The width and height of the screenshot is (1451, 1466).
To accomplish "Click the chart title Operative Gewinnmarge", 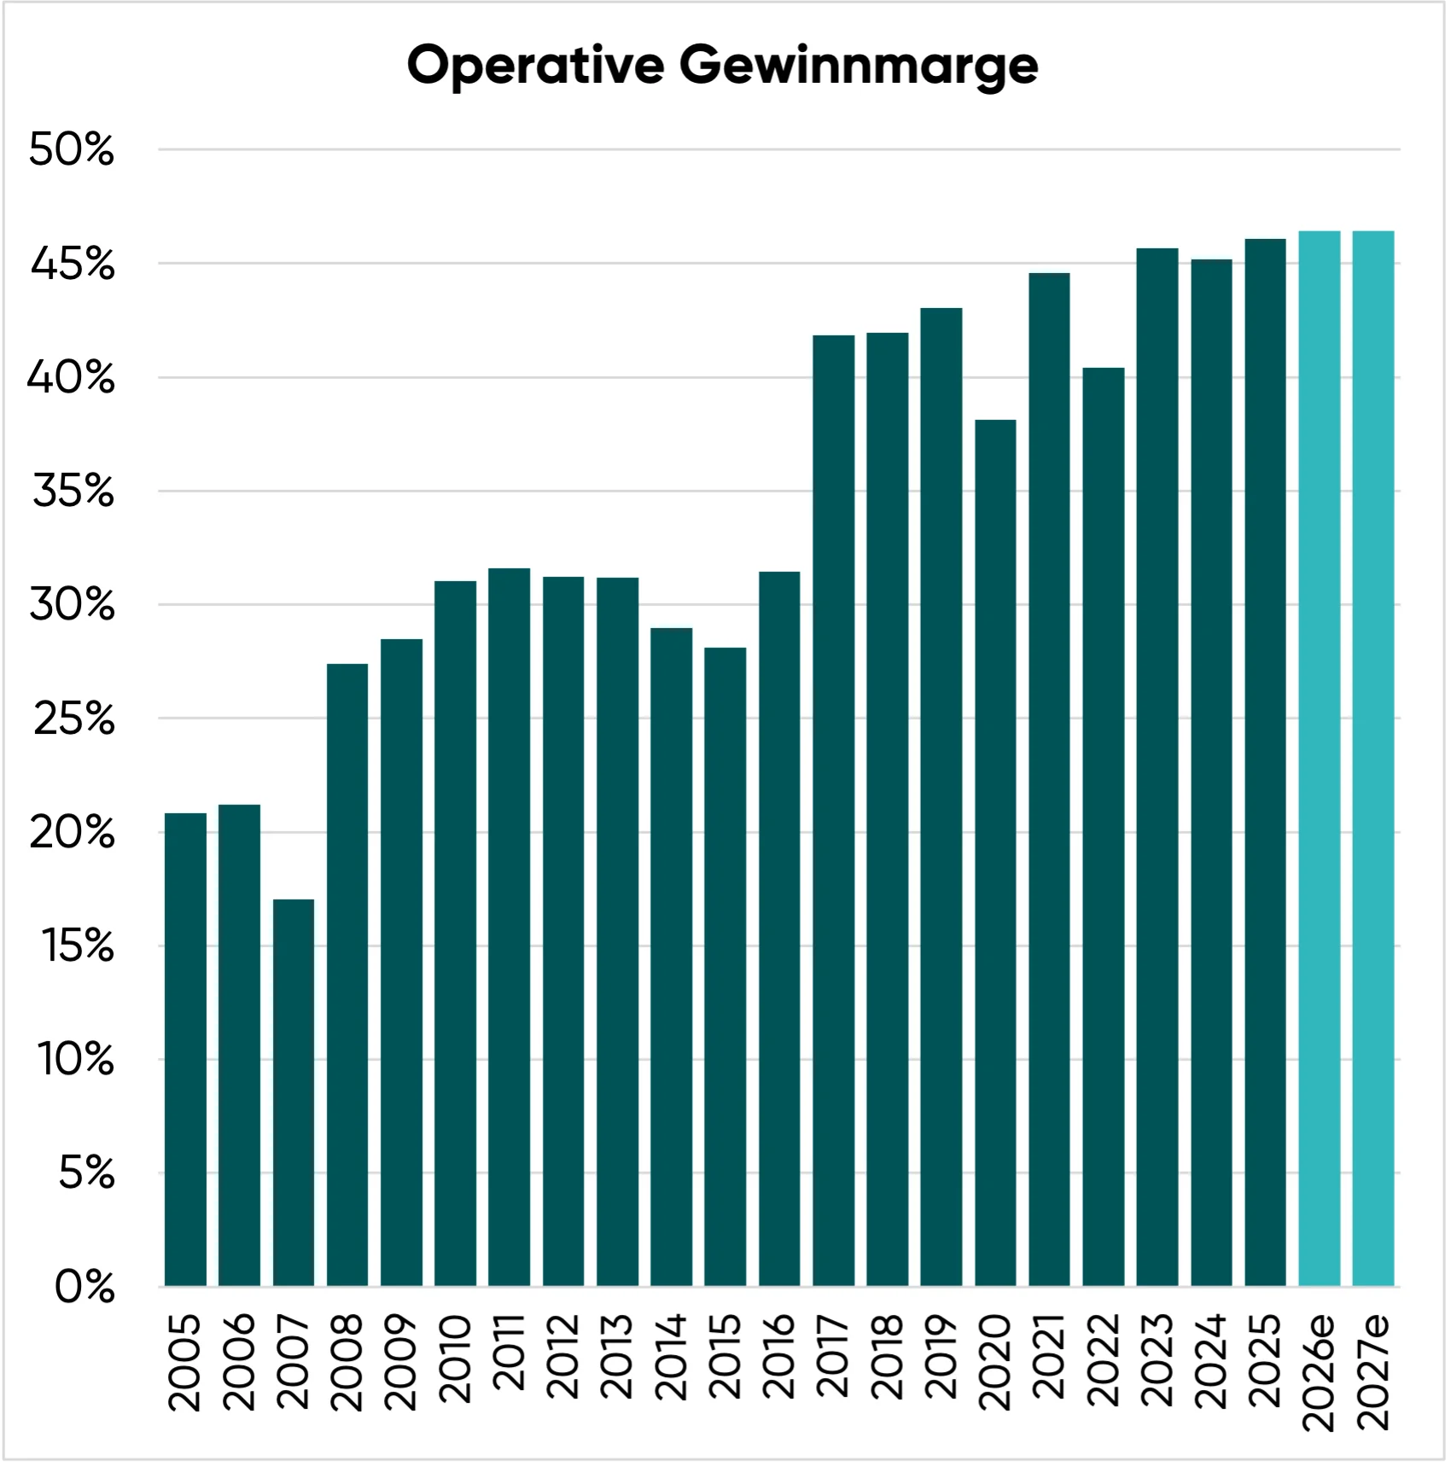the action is point(722,66).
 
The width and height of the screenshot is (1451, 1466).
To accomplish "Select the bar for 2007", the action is point(294,1092).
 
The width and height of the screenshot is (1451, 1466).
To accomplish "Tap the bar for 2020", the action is point(995,852).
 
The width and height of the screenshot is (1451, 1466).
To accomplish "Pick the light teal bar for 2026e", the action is point(1320,759).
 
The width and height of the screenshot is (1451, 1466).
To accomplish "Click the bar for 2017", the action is point(834,811).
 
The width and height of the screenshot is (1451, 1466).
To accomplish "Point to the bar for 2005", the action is point(185,1050).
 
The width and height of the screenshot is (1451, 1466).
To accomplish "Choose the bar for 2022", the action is point(1104,827).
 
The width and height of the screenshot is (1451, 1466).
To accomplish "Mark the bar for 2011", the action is point(510,927).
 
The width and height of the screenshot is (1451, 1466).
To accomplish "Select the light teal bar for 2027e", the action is point(1373,759).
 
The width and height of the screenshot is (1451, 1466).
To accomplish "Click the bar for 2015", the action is point(725,967).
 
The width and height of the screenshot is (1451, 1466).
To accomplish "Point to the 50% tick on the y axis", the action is point(72,149).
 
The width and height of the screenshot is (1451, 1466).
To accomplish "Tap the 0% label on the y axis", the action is point(84,1286).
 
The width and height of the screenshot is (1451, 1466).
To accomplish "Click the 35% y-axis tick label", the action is point(73,491).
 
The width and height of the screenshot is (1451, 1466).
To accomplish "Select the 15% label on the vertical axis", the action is point(78,945).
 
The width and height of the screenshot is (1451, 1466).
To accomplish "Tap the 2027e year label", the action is point(1373,1371).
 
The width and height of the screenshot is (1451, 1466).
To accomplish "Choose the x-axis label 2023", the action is point(1157,1360).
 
